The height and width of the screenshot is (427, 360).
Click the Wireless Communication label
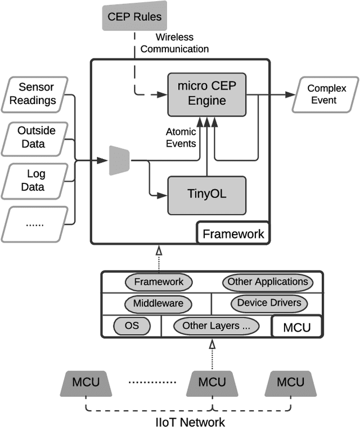tap(174, 43)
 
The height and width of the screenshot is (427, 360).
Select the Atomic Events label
tap(181, 137)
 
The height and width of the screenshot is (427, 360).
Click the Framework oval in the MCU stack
tap(159, 281)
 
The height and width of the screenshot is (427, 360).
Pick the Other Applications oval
tap(267, 281)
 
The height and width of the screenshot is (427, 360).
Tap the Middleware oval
tap(158, 303)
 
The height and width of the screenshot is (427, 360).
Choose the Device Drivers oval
tap(269, 303)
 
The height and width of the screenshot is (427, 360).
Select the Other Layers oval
tap(217, 325)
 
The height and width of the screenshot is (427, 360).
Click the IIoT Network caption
tap(190, 421)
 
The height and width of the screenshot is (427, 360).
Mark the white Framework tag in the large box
tap(233, 233)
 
